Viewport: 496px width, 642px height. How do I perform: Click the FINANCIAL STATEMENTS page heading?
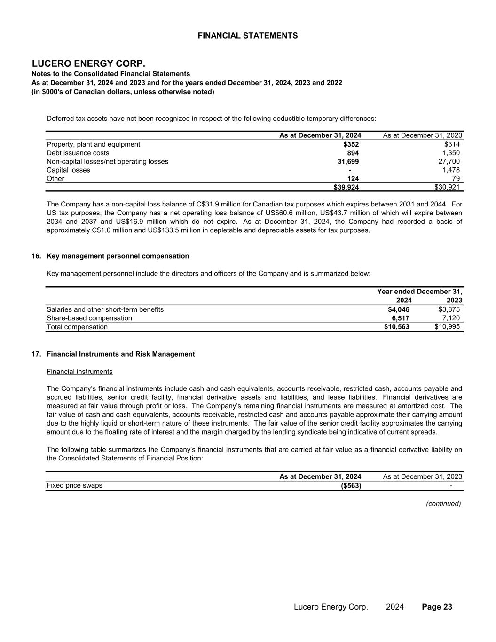(247, 36)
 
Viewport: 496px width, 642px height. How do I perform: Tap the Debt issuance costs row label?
(78, 153)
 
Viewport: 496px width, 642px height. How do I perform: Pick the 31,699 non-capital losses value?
(348, 161)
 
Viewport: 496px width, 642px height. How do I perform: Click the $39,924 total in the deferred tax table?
(346, 187)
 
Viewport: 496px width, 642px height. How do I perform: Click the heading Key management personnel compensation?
(118, 256)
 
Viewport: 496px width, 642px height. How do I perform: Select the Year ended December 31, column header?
(419, 292)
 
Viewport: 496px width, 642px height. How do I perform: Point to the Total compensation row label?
(77, 327)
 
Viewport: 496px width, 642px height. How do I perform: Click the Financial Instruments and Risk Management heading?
(121, 354)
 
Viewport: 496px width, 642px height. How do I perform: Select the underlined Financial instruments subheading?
(79, 372)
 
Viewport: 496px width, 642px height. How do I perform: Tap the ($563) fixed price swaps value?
(351, 485)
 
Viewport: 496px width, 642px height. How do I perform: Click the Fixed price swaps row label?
(74, 485)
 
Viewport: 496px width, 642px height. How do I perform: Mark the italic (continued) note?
(443, 504)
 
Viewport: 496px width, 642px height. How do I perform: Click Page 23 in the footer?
(437, 607)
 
